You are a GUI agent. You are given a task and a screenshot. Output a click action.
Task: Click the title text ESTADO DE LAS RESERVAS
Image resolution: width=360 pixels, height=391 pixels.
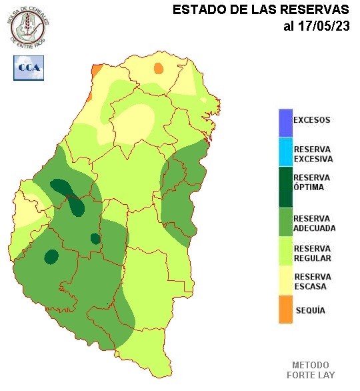[x=260, y=10]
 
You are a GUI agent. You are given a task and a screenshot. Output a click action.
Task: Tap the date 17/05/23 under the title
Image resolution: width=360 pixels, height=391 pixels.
[x=316, y=27]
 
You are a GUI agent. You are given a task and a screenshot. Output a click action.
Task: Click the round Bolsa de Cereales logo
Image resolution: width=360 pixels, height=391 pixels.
[x=28, y=27]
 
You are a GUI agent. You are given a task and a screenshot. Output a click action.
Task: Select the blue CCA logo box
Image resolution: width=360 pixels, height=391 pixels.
[x=28, y=67]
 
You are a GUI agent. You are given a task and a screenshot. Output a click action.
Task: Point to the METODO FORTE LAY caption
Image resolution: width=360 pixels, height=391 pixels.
[x=311, y=370]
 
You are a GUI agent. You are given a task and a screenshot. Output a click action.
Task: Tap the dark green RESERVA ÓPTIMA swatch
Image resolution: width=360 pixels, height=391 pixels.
[x=285, y=187]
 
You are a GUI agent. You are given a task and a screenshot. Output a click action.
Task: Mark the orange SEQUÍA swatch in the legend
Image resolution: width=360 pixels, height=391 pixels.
[x=285, y=310]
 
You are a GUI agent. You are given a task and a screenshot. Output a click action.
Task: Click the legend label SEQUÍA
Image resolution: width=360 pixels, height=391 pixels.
[x=310, y=310]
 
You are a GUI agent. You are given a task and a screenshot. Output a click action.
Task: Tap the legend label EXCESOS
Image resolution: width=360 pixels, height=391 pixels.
[x=312, y=120]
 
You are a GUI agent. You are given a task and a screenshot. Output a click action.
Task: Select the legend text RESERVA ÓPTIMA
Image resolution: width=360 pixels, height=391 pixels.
[x=312, y=182]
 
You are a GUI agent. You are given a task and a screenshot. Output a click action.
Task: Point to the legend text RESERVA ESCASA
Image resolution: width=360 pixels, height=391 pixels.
[x=312, y=282]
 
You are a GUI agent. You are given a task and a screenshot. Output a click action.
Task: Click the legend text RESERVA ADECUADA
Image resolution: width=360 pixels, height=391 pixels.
[x=314, y=223]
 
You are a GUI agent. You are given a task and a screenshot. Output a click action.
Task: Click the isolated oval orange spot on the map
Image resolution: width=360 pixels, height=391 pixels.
[x=158, y=68]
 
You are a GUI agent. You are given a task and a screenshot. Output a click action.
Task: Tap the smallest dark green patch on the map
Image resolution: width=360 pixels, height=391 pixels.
[x=95, y=238]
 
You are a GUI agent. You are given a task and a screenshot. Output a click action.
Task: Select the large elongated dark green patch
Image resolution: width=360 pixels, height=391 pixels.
[x=70, y=197]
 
